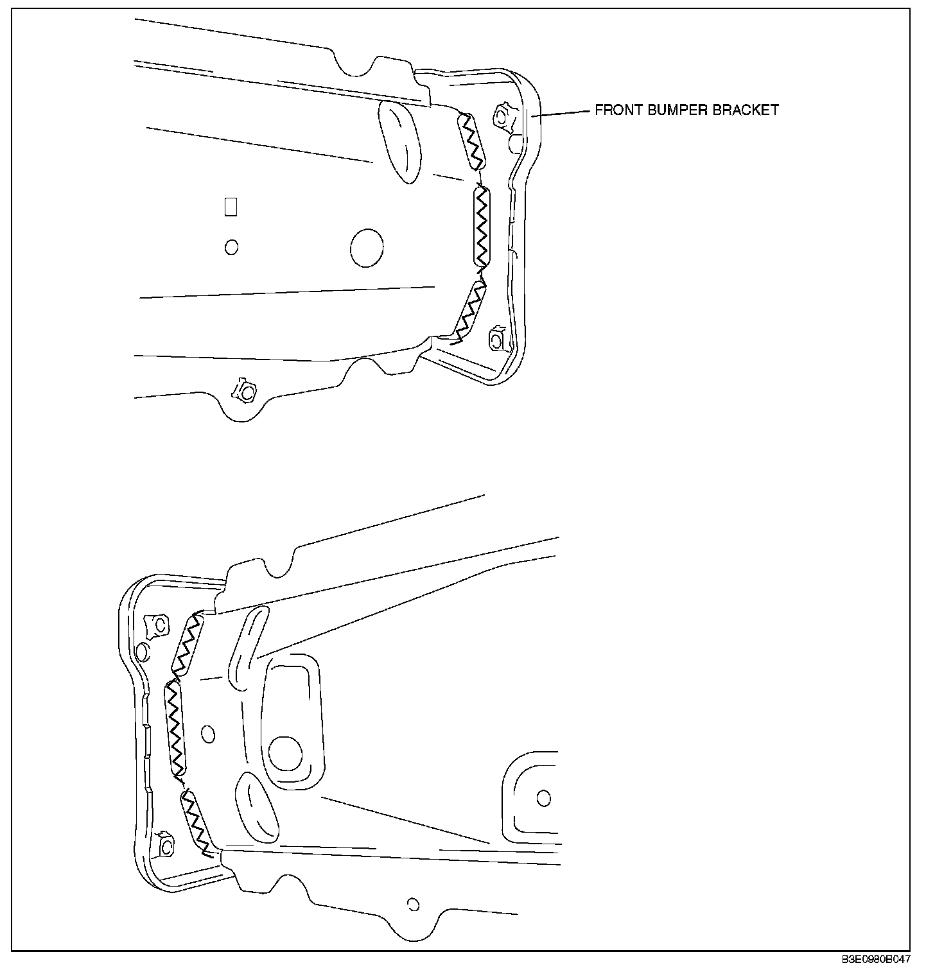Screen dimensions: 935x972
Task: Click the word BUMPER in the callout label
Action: click(674, 110)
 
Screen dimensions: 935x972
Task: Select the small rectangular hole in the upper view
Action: click(231, 206)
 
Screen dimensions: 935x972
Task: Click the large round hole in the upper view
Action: click(367, 247)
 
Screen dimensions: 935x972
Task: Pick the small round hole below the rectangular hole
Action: click(231, 247)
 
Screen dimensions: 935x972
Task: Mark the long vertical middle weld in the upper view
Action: click(482, 226)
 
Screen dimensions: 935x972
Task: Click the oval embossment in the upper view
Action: click(399, 141)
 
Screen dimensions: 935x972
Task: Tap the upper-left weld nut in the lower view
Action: click(158, 625)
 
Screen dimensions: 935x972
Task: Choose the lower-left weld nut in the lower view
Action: click(164, 844)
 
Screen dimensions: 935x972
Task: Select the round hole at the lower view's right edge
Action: click(543, 798)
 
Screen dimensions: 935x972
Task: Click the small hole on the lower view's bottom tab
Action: click(413, 905)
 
